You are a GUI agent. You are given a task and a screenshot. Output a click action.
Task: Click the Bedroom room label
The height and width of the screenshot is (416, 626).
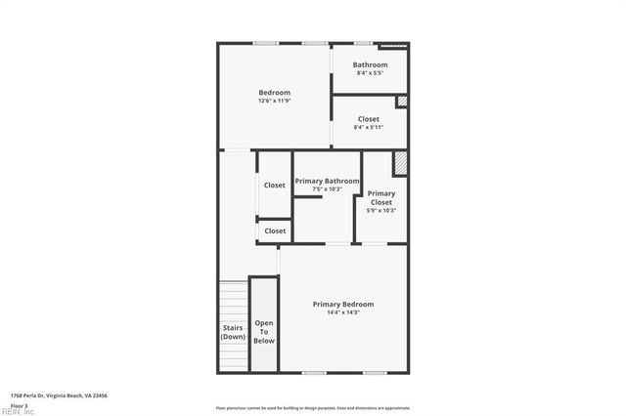pos(274,93)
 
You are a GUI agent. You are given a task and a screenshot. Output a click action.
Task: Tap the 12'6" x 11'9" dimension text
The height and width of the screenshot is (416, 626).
pos(274,101)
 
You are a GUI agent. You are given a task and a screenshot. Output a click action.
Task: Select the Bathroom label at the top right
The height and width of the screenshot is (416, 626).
pos(371,65)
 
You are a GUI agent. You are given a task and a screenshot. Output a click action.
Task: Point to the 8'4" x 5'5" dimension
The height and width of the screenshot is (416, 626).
pos(371,73)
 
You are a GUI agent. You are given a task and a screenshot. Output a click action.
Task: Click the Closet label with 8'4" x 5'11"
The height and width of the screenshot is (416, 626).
pos(369,119)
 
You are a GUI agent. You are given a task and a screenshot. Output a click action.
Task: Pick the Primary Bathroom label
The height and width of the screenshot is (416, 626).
pos(327,181)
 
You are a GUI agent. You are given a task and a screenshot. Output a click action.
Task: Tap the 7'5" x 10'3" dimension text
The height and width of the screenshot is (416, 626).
pos(327,188)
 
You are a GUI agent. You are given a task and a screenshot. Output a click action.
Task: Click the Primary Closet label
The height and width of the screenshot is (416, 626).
pos(381,197)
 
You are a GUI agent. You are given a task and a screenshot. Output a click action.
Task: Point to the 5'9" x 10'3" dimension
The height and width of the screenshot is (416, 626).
pos(381,210)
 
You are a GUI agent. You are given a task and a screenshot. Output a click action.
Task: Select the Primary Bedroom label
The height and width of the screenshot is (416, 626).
pos(342,305)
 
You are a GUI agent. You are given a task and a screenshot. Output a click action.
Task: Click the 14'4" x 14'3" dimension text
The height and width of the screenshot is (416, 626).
pos(342,312)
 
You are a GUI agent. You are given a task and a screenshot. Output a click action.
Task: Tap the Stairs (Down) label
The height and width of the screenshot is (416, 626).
pos(233,332)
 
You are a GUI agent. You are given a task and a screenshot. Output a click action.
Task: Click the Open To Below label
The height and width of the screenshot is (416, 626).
pos(264,332)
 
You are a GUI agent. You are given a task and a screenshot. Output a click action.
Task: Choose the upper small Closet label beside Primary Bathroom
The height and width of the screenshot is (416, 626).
pos(275,186)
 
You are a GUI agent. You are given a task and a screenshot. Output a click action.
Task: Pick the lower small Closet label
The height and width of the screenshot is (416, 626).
pos(275,231)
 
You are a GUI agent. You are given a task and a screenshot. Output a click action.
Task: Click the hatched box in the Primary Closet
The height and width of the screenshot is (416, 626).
pos(400,162)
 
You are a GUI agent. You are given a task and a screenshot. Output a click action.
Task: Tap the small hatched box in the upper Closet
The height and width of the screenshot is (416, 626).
pos(401,102)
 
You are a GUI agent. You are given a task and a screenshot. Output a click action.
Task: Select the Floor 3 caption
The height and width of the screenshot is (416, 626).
pos(20,404)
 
